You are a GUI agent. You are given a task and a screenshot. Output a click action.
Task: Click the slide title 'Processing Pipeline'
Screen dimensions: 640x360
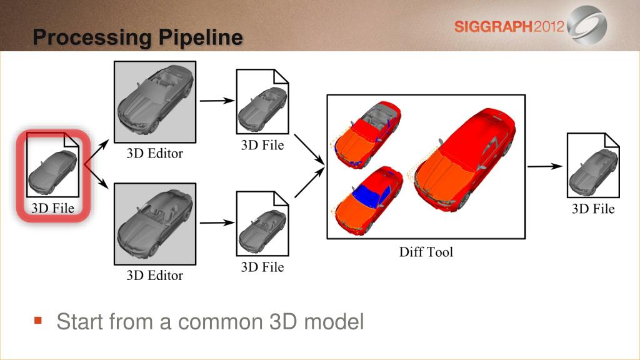tap(138, 37)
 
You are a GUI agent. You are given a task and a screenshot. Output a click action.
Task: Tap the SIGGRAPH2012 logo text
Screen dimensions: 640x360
tap(509, 27)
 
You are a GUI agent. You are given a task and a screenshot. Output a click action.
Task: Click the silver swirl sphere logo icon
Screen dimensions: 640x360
tap(587, 24)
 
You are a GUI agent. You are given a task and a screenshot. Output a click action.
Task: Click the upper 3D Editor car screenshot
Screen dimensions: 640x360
tap(155, 102)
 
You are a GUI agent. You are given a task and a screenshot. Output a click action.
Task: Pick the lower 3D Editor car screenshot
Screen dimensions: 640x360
tap(155, 224)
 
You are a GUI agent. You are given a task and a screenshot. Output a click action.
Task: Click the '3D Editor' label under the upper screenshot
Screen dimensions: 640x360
tap(155, 154)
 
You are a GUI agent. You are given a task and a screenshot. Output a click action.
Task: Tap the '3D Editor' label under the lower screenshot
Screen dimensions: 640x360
tap(155, 276)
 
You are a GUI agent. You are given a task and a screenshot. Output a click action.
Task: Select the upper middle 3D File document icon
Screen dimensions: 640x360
tap(262, 102)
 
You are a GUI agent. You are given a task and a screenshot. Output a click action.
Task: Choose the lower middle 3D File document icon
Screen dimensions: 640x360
tap(262, 224)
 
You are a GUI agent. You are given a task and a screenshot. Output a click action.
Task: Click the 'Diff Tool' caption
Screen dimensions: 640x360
tap(426, 252)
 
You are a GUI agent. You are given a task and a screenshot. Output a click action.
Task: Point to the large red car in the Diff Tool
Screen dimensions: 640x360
tap(466, 160)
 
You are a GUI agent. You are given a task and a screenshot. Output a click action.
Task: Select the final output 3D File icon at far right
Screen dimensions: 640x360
tap(593, 165)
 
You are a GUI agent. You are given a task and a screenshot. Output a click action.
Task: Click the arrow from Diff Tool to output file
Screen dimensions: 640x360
tap(545, 166)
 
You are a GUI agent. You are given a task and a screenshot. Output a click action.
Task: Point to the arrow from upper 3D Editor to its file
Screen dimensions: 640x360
tap(217, 101)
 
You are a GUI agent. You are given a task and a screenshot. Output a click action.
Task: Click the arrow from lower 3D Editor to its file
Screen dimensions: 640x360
tap(217, 222)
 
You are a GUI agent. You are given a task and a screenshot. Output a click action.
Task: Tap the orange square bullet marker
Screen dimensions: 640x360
tap(38, 321)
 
